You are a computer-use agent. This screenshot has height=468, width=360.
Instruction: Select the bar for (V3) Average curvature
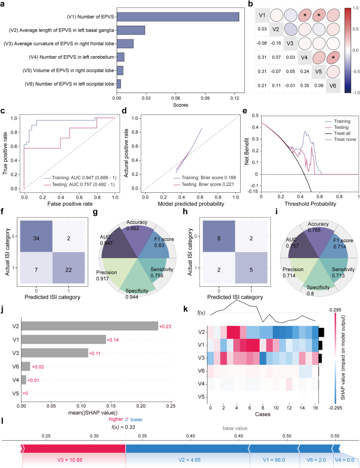point(125,44)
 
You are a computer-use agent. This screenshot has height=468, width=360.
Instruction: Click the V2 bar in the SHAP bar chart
point(89,326)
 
